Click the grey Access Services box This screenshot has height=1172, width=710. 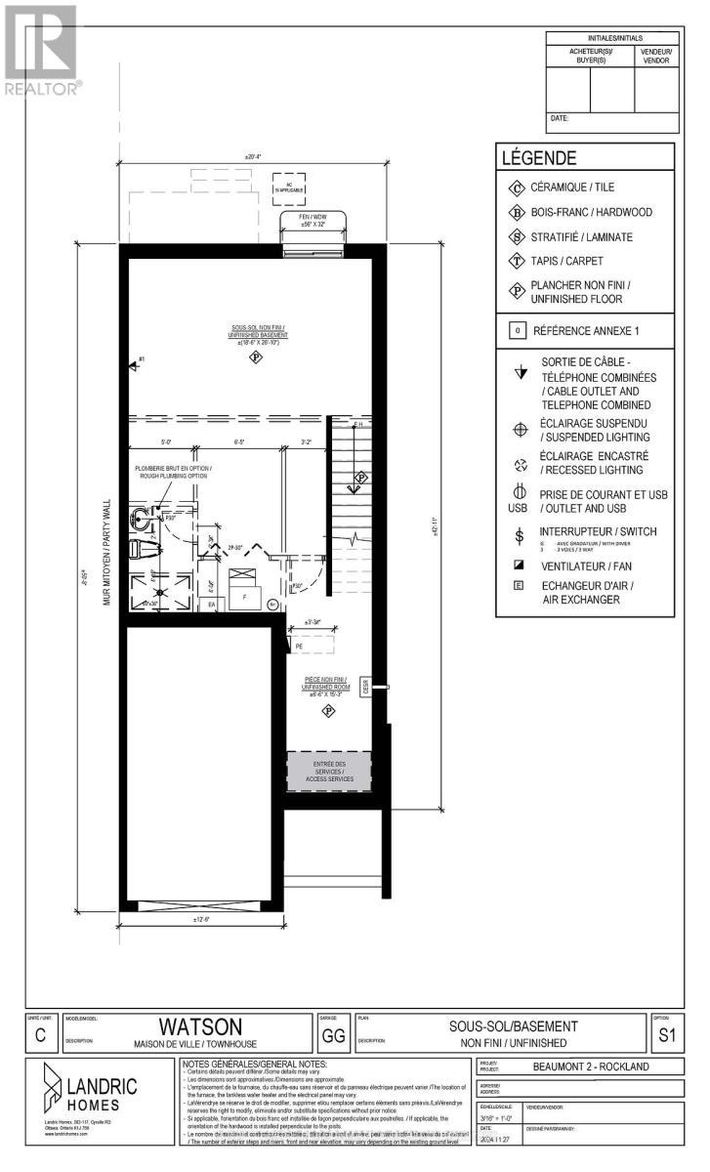pyautogui.click(x=328, y=771)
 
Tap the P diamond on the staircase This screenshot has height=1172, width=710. pyautogui.click(x=361, y=478)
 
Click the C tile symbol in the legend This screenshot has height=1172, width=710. pyautogui.click(x=517, y=188)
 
